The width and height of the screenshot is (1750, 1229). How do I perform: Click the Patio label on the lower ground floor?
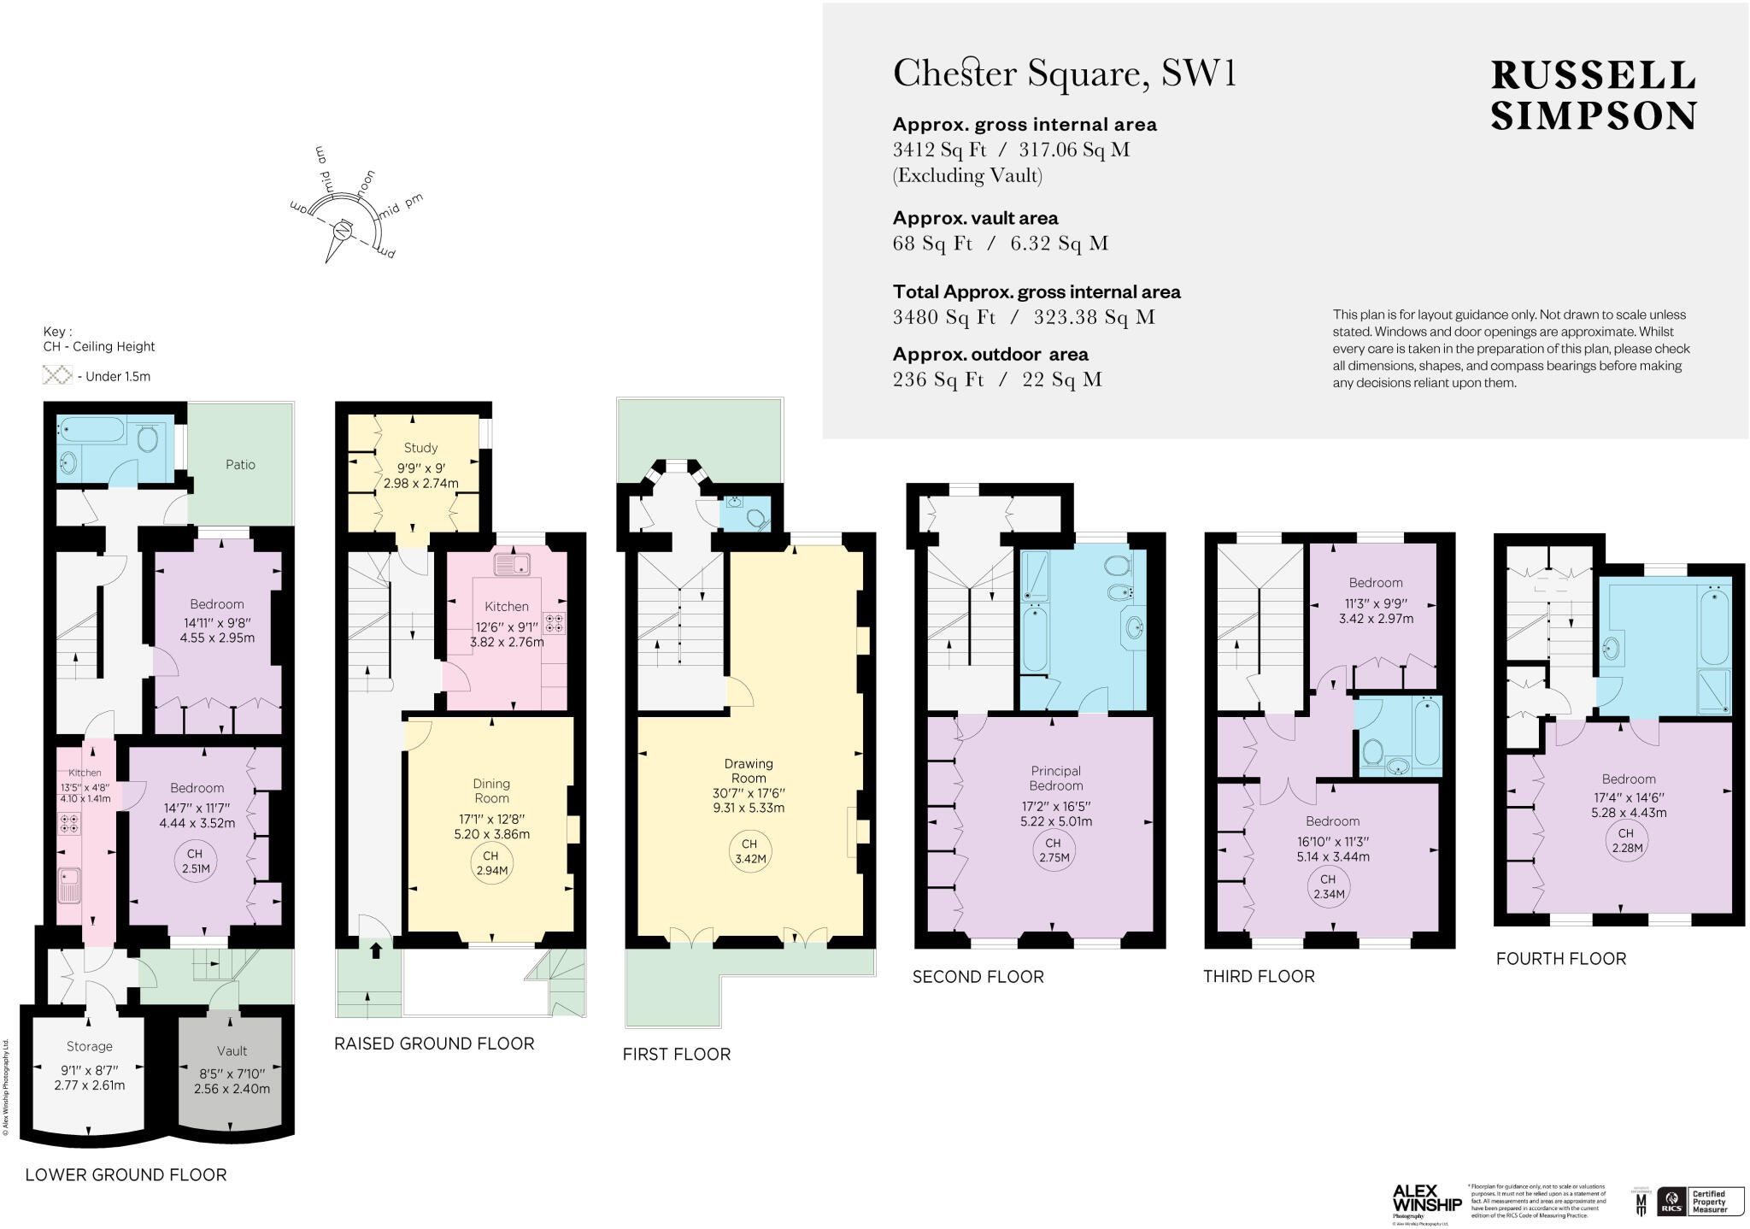coord(240,464)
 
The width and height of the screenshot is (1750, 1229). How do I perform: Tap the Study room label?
coord(420,447)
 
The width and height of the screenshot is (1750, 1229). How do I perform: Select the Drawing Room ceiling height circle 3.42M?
coord(748,852)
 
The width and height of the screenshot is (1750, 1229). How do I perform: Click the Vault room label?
coord(232,1050)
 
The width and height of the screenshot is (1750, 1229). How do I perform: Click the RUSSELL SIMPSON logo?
coord(1593,96)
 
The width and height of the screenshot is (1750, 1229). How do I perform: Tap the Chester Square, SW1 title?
coord(1064,74)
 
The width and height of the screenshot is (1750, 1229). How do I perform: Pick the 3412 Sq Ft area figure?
coord(939,150)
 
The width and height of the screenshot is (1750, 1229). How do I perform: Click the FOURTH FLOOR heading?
coord(1560,958)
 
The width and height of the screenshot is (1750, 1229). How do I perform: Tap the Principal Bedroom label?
coord(1055,778)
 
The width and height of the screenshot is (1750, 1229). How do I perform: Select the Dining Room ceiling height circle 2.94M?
coord(490,863)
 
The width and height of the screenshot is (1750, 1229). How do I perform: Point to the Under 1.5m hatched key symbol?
coord(57,375)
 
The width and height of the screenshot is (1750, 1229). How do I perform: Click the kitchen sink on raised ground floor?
coord(512,564)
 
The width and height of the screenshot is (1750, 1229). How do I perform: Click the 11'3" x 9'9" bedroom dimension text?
coord(1375,601)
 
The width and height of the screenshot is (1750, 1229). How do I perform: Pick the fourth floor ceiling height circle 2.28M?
coord(1624,840)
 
